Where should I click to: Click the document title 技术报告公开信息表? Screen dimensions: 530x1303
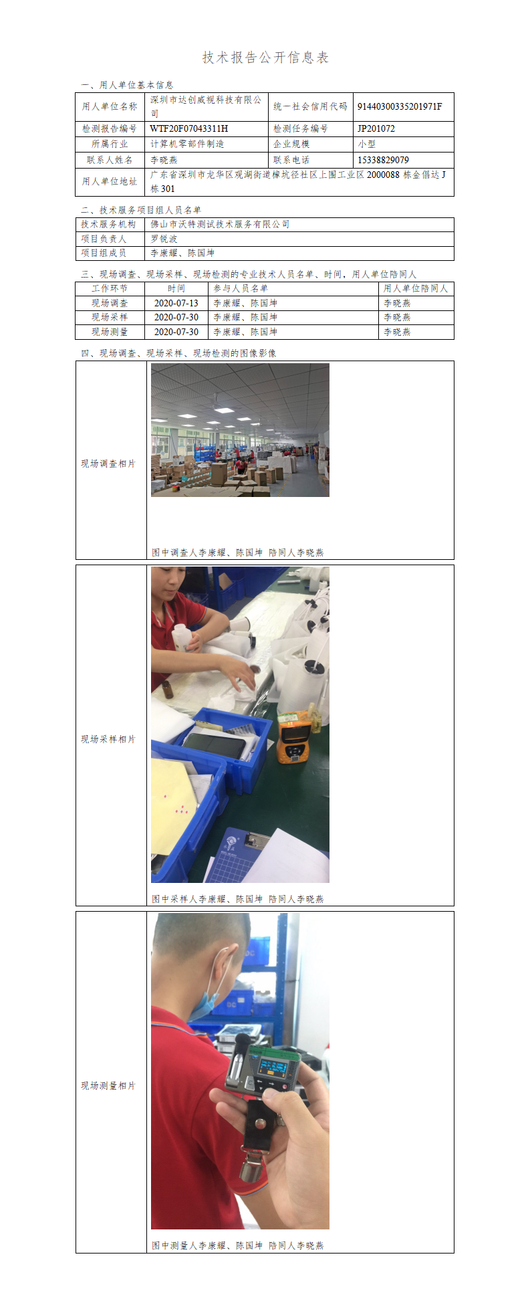[x=265, y=58]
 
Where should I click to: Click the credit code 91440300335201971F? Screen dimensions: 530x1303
[x=400, y=106]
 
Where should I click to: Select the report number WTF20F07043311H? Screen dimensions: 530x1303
[x=189, y=128]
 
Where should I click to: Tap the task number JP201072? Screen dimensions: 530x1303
[x=376, y=128]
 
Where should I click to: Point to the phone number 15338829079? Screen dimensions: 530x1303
[x=383, y=160]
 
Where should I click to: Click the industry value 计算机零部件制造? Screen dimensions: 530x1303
[x=187, y=144]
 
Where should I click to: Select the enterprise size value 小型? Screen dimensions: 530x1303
[x=366, y=144]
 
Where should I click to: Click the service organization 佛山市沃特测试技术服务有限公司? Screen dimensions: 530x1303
[x=220, y=224]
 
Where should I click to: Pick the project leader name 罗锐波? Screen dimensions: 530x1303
[x=164, y=239]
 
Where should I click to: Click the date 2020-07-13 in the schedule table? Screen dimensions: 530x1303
[x=176, y=303]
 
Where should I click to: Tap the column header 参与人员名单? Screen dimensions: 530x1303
[x=241, y=288]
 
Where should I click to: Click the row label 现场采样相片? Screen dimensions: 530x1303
[x=108, y=739]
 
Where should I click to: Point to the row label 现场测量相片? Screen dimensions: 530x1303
[x=108, y=1086]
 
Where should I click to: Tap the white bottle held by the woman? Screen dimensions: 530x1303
[x=180, y=637]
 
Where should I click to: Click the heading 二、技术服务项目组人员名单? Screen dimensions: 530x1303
[x=141, y=210]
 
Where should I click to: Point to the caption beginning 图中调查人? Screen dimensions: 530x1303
[x=237, y=553]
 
